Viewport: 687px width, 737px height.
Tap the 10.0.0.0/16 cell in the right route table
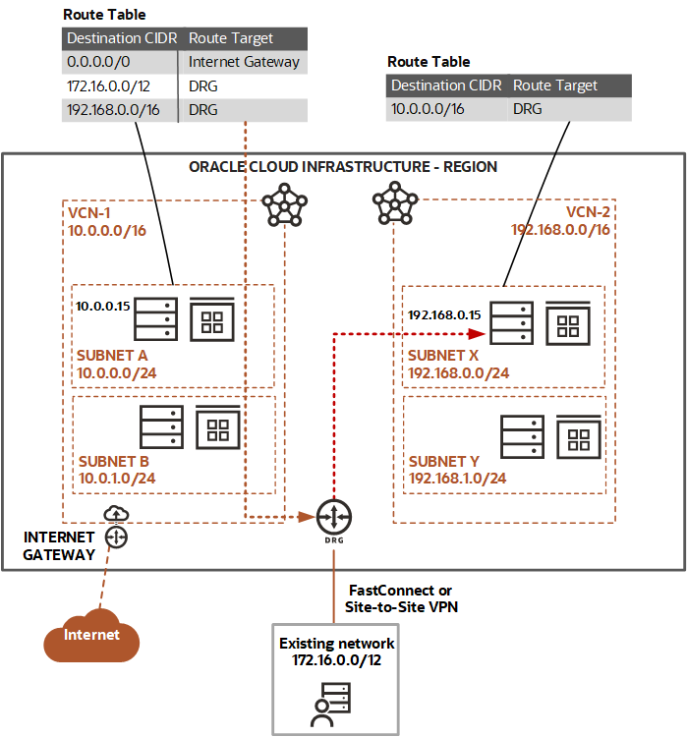tap(428, 110)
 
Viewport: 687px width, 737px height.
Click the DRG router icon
tap(334, 515)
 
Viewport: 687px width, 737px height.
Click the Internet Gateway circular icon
tap(117, 537)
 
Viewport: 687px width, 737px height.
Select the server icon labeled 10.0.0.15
tap(155, 318)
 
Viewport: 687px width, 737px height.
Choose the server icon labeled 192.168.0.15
tap(511, 323)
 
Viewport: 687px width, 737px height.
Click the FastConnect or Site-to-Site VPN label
tap(400, 598)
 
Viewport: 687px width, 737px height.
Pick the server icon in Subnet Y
tap(521, 436)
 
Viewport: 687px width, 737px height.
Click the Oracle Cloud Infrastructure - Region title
tap(342, 167)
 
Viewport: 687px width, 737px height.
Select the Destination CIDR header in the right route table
tap(445, 85)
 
